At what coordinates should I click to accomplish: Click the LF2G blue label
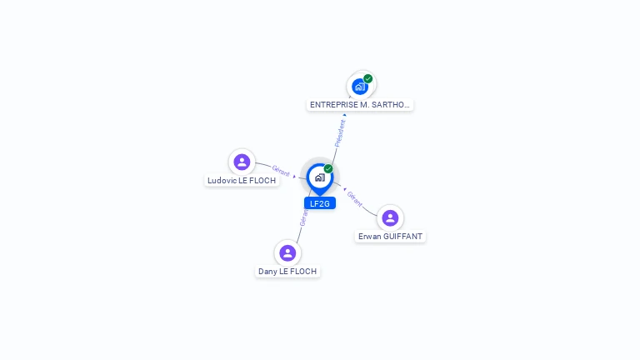pos(320,203)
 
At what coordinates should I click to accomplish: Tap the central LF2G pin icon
pos(319,177)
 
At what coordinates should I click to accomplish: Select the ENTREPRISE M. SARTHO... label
pos(360,105)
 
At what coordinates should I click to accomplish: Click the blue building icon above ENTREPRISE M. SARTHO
pos(359,86)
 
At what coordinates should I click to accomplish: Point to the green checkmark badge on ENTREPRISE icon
pos(367,78)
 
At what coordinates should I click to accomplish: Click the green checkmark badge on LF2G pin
pos(328,168)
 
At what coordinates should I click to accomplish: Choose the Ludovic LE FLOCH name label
pos(242,180)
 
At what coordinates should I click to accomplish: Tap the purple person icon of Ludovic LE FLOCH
pos(242,162)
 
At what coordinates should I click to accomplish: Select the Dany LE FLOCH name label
pos(287,272)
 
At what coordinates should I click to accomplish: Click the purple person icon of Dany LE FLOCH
pos(287,252)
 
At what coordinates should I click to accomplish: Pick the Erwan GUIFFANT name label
pos(390,237)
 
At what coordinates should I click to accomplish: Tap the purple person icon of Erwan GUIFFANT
pos(390,218)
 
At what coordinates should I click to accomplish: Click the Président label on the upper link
pos(340,133)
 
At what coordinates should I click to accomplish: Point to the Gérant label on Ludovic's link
pos(281,171)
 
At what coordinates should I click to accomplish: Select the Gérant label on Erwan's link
pos(355,199)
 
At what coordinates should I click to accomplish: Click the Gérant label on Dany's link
pos(303,218)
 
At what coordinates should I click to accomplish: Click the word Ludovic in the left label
pos(222,180)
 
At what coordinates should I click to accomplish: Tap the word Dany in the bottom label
pos(267,272)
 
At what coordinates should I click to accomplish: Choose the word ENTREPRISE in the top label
pos(334,105)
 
